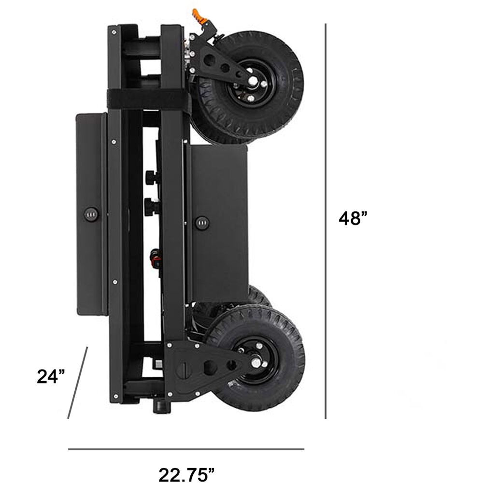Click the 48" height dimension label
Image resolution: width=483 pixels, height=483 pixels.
[353, 218]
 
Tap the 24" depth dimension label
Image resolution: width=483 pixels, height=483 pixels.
[51, 376]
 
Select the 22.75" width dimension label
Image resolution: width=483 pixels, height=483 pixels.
[186, 475]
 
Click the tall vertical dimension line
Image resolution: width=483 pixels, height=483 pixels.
[326, 221]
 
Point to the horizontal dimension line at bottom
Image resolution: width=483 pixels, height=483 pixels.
[186, 449]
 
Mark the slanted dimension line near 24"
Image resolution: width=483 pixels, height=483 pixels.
[78, 383]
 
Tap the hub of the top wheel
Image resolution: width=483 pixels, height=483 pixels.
[253, 81]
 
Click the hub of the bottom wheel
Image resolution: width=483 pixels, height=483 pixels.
[256, 362]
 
